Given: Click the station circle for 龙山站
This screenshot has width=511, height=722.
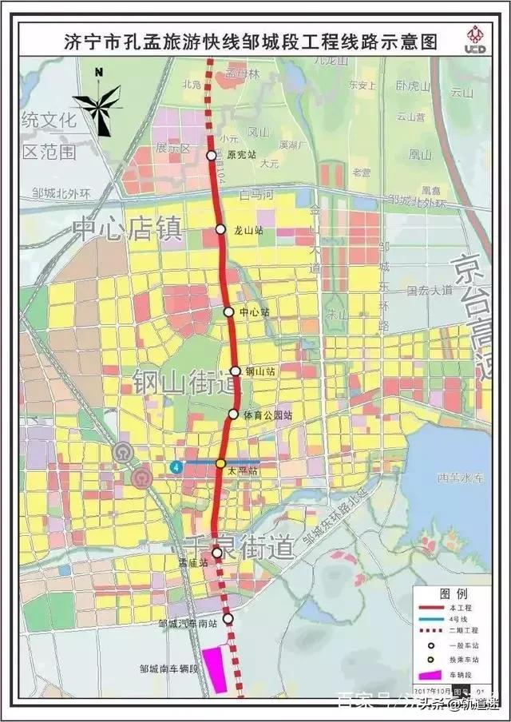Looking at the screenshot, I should click(x=221, y=229).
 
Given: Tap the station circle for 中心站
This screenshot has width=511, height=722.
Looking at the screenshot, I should click(x=229, y=311).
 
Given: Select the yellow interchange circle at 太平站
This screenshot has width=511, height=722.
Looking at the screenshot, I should click(x=221, y=463).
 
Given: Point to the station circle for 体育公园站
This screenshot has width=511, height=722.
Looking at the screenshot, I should click(x=233, y=414).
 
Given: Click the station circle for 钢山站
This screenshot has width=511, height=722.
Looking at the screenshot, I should click(x=236, y=371).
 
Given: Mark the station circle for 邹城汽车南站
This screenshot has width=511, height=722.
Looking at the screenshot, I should click(x=228, y=618).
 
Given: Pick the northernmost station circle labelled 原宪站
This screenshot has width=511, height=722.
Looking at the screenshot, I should click(x=212, y=155).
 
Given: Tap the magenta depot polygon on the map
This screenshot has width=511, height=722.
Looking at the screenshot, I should click(x=214, y=670).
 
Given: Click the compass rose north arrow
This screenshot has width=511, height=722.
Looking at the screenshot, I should click(x=99, y=104).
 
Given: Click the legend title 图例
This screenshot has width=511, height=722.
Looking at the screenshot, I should click(x=454, y=594).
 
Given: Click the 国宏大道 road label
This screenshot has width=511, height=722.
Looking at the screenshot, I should click(x=429, y=292).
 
